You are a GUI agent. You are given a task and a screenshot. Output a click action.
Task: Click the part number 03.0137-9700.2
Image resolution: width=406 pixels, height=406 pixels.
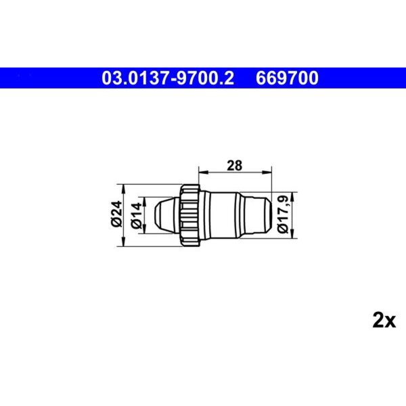point(168,78)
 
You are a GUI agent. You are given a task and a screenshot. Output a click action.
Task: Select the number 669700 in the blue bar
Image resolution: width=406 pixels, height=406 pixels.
point(287,78)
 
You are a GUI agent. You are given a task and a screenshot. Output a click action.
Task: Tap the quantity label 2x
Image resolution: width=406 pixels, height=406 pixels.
point(384,321)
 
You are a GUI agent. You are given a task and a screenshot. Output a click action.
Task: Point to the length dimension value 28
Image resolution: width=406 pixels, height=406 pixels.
point(234,166)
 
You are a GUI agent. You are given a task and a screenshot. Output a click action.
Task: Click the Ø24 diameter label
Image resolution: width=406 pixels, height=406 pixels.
point(116,214)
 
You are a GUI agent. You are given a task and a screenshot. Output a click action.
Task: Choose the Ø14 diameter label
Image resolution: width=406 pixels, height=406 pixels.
point(137,215)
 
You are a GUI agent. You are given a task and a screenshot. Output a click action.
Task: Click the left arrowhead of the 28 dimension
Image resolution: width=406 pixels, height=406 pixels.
point(204,172)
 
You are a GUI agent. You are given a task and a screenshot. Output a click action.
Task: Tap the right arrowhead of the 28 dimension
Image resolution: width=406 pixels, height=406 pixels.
point(267,172)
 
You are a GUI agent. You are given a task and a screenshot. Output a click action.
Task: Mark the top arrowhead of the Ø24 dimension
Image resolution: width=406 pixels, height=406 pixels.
point(124,189)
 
